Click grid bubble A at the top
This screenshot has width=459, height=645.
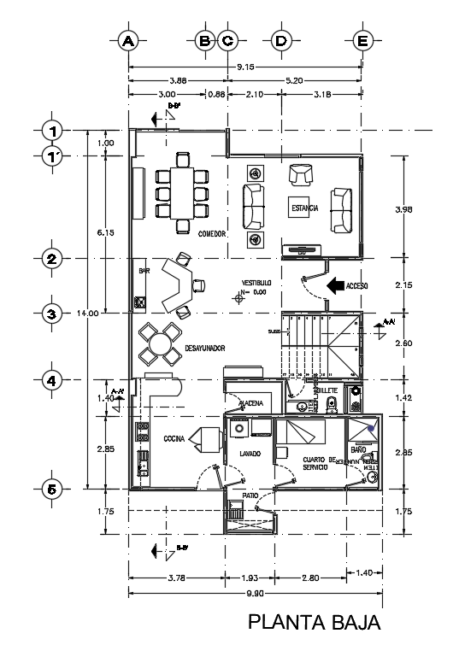(128, 40)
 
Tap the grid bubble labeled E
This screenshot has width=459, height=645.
(362, 40)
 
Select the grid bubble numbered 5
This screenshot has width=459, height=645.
(52, 490)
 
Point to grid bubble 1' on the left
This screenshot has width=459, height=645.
(52, 155)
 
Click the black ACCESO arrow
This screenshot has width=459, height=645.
(334, 286)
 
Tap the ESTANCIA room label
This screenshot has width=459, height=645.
(304, 208)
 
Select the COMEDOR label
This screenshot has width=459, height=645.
(211, 233)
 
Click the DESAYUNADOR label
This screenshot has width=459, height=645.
(204, 349)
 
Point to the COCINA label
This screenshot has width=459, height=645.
(176, 438)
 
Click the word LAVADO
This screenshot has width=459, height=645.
(250, 454)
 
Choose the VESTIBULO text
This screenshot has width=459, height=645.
(256, 282)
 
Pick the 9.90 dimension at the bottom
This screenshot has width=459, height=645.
(254, 592)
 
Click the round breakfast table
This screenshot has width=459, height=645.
(159, 346)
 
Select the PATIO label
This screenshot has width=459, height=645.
(249, 495)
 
